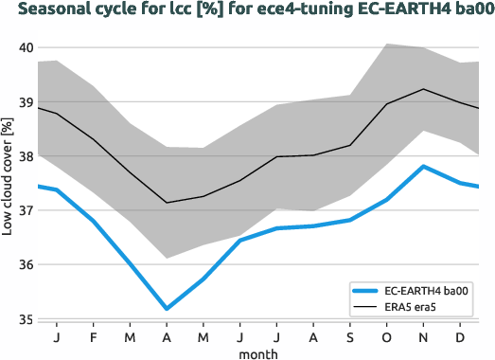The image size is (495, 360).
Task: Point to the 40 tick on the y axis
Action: (x=26, y=48)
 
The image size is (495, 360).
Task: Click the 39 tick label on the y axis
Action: (x=26, y=102)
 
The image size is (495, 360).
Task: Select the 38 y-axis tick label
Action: (x=26, y=156)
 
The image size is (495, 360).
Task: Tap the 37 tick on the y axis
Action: (x=26, y=211)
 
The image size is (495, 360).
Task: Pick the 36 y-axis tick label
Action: (x=26, y=265)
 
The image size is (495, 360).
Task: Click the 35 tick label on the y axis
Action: (x=26, y=320)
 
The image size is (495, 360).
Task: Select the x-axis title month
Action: (x=257, y=352)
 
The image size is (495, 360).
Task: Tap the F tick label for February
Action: (x=94, y=336)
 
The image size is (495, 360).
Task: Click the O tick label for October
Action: (x=387, y=336)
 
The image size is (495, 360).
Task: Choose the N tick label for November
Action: (x=424, y=336)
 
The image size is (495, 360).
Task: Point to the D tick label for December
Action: (x=460, y=336)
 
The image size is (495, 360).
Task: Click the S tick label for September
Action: (x=350, y=336)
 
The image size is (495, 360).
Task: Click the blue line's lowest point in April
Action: (x=167, y=309)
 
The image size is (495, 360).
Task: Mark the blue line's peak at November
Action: (x=424, y=167)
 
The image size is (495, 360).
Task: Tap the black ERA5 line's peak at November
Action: (x=424, y=89)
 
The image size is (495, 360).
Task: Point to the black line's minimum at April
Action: (x=167, y=203)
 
